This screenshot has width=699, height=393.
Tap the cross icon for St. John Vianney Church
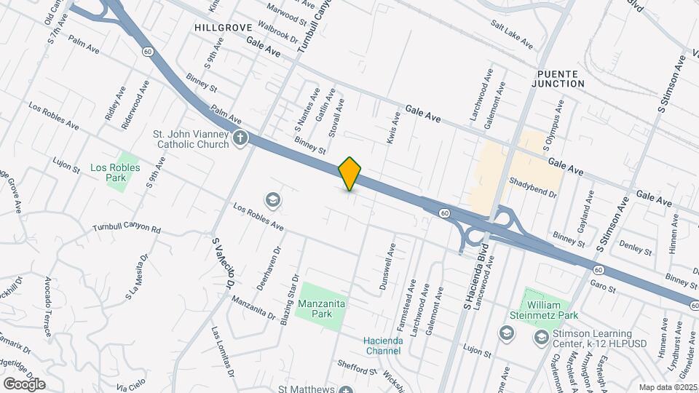click(x=241, y=138)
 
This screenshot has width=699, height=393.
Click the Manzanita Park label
click(x=321, y=308)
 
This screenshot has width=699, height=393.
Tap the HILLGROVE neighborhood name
click(x=223, y=27)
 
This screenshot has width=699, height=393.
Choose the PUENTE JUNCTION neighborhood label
click(x=560, y=79)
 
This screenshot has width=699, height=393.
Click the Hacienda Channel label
click(x=382, y=345)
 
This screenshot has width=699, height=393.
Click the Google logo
click(x=24, y=384)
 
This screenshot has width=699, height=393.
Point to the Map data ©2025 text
click(x=667, y=387)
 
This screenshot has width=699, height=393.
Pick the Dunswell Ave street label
click(x=385, y=268)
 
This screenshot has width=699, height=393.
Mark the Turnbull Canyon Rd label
click(x=127, y=229)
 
